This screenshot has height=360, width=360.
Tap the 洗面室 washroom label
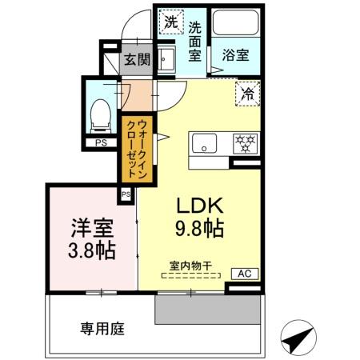(x=194, y=40)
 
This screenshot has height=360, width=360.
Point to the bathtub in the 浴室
(x=236, y=24)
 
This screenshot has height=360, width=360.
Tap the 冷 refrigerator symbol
(x=246, y=94)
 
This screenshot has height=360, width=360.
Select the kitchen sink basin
(x=203, y=144)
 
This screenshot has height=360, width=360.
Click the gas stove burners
(x=244, y=144)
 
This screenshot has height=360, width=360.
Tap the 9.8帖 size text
(x=199, y=229)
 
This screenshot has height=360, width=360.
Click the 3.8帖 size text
(x=90, y=250)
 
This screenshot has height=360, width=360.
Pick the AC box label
(x=245, y=274)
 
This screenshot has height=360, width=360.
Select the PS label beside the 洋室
(x=126, y=194)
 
